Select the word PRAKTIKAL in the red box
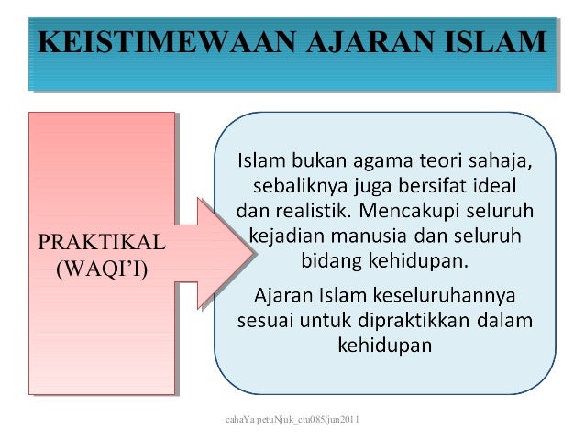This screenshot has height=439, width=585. point(101,243)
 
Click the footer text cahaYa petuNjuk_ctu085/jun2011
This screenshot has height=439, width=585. point(291,420)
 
